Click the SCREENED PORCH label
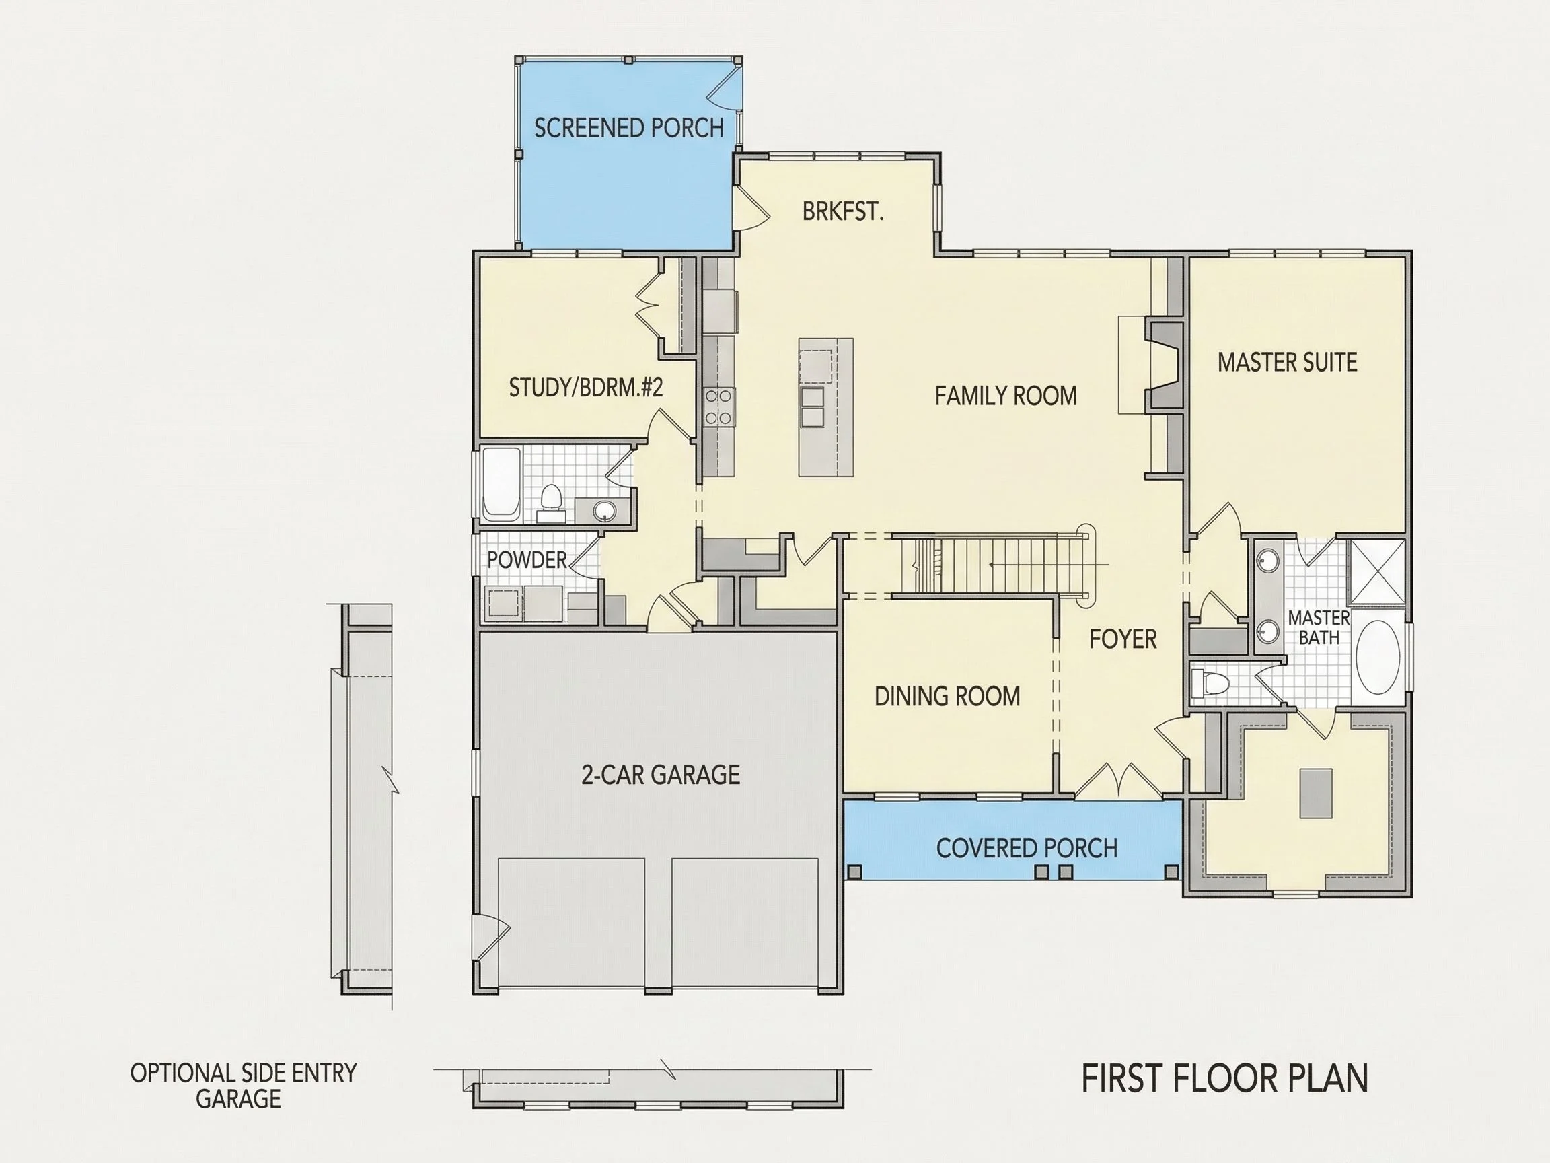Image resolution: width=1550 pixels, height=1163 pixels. [x=628, y=128]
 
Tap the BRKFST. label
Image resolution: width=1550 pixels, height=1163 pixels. [x=843, y=211]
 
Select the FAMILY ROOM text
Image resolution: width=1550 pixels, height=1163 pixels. [x=1006, y=396]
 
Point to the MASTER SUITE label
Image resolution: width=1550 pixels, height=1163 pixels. [x=1287, y=363]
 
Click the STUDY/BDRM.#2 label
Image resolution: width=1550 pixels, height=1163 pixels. [x=586, y=388]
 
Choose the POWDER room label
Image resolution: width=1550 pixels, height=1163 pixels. [x=527, y=560]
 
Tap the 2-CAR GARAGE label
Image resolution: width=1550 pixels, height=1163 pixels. [x=661, y=775]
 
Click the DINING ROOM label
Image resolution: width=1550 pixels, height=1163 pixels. [x=947, y=696]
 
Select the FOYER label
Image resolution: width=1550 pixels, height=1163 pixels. [x=1123, y=639]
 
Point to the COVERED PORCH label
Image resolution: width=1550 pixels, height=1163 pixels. [x=1027, y=848]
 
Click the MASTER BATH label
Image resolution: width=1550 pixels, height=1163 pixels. [x=1319, y=627]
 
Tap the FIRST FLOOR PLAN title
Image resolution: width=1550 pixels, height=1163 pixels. [x=1225, y=1078]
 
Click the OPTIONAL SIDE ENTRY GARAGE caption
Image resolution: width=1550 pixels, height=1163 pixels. [x=243, y=1085]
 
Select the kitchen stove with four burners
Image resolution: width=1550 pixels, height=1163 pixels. [x=720, y=407]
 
